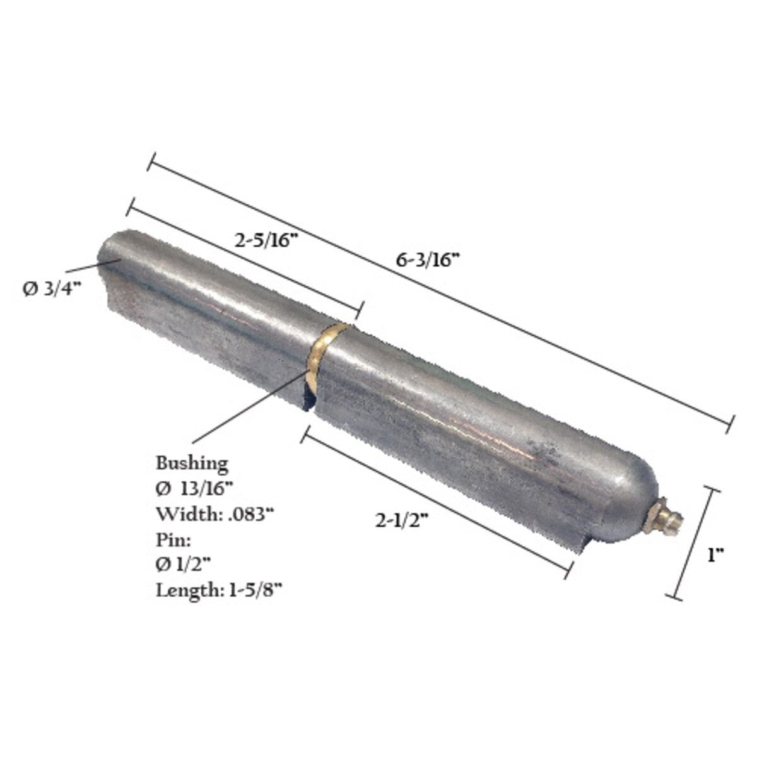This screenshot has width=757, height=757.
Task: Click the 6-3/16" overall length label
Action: tap(428, 260)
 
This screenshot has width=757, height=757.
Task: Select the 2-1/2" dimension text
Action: tap(402, 521)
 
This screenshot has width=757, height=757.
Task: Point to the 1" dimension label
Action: tap(715, 555)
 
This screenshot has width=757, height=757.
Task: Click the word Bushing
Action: tap(192, 463)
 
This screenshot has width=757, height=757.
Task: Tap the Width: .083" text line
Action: tap(214, 514)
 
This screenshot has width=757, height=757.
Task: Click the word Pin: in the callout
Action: tap(169, 539)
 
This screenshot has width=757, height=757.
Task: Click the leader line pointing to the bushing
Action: tap(252, 407)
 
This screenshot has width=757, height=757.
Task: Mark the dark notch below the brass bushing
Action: tap(308, 399)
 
